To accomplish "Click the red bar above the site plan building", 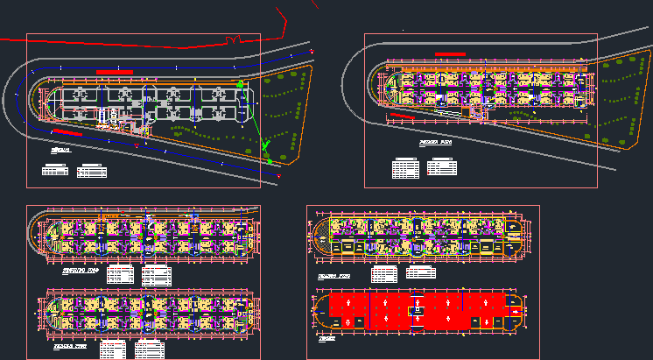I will pos(114,72).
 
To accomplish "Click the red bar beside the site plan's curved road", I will pos(69,132).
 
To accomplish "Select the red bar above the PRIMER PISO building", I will pos(450,54).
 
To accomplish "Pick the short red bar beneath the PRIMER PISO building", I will pos(403,114).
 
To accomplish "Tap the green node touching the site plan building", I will pos(240,84).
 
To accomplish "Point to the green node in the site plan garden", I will pos(270,160).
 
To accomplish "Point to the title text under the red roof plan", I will pos(326,339).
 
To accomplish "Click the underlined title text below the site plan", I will pos(60,151).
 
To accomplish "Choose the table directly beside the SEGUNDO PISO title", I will pos(123,275).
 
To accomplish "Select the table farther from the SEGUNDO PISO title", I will pos(158,276).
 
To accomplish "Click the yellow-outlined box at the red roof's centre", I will pos(419,311).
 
